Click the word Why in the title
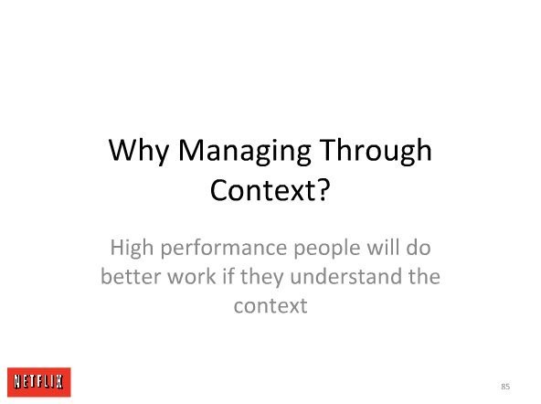point(139,151)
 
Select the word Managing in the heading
point(244,151)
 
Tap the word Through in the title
point(376,150)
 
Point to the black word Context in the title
point(262,190)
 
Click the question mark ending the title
point(324,189)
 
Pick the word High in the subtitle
point(132,249)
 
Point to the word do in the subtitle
point(419,247)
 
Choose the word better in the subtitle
point(131,276)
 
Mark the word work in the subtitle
point(192,276)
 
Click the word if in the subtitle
point(228,276)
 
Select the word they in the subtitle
point(261,278)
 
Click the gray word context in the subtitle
point(270,306)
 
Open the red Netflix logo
point(39,382)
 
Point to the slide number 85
point(505,387)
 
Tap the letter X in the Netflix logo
point(58,381)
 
